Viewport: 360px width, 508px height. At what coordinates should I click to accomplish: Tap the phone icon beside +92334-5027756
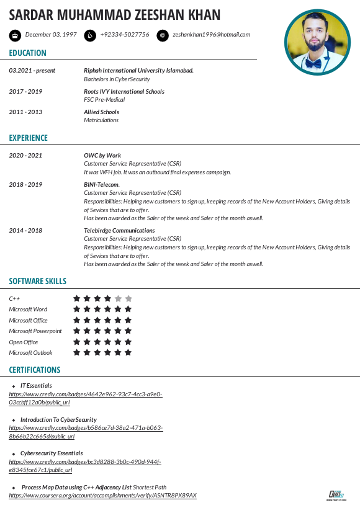point(90,35)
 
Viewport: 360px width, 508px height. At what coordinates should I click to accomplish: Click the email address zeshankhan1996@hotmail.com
point(211,35)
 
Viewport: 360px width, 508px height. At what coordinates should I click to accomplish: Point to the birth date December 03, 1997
point(51,35)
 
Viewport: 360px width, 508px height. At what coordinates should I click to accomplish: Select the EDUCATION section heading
point(27,53)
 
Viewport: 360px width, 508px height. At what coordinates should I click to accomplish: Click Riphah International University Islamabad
point(138,71)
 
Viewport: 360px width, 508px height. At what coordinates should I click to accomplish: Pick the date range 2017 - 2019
point(25,92)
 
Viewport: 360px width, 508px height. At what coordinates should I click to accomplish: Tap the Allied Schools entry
point(101,112)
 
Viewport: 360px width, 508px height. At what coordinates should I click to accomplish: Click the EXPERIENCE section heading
point(28,138)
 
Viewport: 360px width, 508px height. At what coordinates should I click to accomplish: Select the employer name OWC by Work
point(102,156)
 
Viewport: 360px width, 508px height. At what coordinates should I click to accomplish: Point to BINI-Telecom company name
point(102,185)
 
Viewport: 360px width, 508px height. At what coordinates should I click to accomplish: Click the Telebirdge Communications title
point(119,231)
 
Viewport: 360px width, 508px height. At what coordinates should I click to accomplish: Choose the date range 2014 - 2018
point(25,231)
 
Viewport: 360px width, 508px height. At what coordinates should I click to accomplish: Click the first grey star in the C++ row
point(118,298)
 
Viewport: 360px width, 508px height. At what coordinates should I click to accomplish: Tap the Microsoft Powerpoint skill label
point(35,331)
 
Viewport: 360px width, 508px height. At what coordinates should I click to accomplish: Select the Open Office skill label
point(24,342)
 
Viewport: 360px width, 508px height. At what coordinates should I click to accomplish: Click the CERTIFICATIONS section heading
point(35,370)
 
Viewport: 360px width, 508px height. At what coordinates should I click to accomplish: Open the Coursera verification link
point(102,496)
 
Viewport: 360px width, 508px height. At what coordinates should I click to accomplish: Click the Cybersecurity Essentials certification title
point(52,453)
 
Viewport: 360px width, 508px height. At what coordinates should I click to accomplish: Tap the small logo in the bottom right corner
point(336,494)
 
